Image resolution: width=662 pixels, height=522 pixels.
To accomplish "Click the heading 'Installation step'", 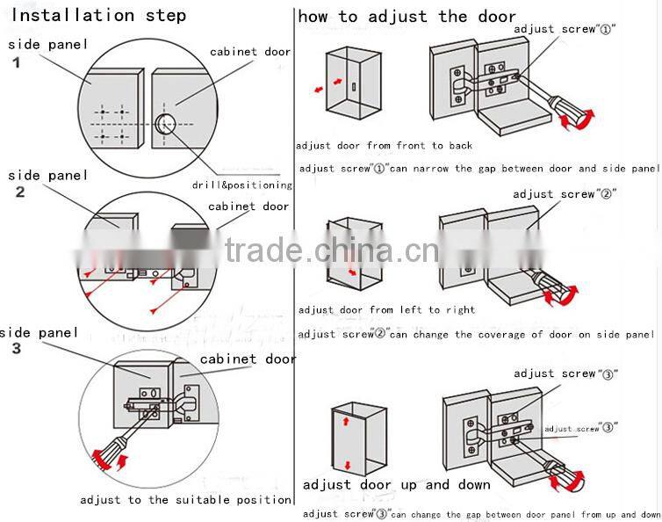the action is coord(97,16).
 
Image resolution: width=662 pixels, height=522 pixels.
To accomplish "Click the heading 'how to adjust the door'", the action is coord(407,16).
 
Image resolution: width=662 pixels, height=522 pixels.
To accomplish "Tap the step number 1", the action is coord(16,62).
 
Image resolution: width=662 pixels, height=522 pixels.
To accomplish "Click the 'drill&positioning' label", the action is coord(241,185).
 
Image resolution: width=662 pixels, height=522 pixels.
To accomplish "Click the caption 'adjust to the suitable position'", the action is coord(185,499).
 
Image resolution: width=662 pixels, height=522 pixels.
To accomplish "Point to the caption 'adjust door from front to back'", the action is coord(384,146).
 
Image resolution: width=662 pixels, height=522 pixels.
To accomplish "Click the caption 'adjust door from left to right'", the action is coord(386,309).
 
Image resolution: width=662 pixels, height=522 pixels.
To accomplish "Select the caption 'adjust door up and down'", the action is coord(397,484).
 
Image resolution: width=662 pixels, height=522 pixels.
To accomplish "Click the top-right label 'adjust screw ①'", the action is coord(565,29).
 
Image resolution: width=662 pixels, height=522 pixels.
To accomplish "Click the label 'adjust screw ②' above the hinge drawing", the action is coord(565,193).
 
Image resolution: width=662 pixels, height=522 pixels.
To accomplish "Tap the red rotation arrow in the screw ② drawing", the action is coord(562,294).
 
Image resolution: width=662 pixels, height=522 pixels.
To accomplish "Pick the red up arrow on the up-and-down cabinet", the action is coord(347,422).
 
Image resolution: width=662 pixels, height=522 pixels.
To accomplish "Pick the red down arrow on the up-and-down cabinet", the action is coord(347,464).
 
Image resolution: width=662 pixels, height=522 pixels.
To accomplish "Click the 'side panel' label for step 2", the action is coord(48,176).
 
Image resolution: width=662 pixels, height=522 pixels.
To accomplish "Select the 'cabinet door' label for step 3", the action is coord(248,359).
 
